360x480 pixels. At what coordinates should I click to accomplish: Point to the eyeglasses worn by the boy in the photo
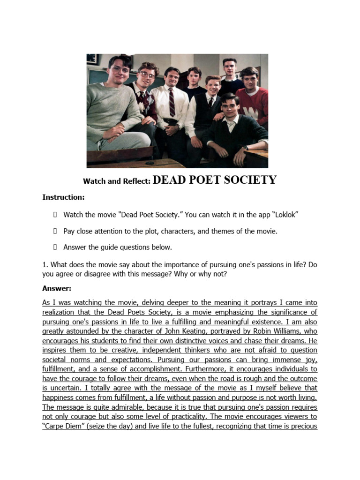(x=147, y=75)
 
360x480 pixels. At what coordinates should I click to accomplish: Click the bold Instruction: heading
(x=64, y=197)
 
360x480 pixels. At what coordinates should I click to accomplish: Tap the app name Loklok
(x=282, y=215)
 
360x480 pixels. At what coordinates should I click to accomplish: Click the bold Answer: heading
(x=57, y=288)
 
